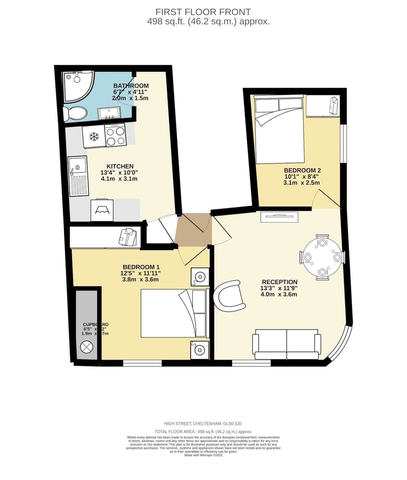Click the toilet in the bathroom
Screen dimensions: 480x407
pos(75,113)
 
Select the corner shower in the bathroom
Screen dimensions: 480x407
pos(77,86)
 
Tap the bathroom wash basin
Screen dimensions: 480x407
pos(109,113)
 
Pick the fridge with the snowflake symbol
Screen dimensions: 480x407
pos(94,136)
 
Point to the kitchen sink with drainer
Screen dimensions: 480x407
pos(78,177)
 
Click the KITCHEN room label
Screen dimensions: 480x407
pos(120,166)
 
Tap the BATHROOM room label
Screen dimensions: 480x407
pos(131,86)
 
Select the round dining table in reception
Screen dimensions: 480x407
pos(322,257)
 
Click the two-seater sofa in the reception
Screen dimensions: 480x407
pos(287,344)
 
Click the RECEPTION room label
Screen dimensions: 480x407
pos(279,282)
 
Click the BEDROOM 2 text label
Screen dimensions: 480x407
pos(301,171)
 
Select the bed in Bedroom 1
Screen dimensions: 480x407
pos(174,313)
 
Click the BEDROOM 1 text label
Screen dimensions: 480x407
pos(141,267)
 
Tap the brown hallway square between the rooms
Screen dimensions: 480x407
pos(194,229)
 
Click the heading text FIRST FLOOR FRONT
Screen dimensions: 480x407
pos(203,12)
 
